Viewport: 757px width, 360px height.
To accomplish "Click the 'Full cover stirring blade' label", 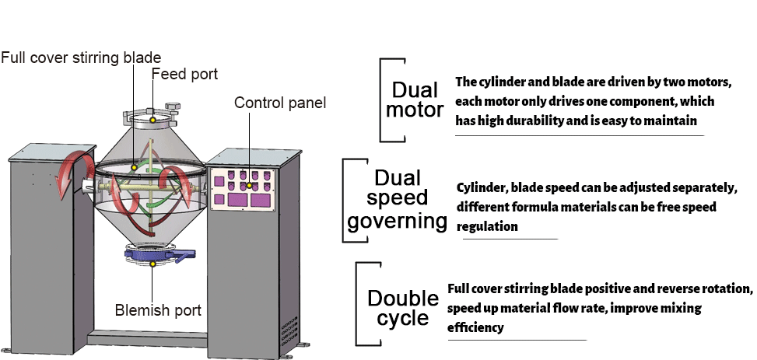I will pos(81,58).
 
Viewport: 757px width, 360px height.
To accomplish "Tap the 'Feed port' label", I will pos(184,75).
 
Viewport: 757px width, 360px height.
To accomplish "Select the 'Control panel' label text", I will pos(280,103).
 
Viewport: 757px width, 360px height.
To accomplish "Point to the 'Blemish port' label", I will pos(158,311).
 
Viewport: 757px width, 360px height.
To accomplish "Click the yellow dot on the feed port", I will pos(154,119).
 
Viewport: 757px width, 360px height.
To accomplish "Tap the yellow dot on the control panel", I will pos(249,186).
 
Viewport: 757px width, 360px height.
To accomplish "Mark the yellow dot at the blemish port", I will pos(153,264).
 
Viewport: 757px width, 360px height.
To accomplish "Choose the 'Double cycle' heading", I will pos(403,308).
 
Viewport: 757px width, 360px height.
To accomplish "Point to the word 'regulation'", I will pos(487,227).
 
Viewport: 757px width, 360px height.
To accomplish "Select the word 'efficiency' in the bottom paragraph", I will pos(475,327).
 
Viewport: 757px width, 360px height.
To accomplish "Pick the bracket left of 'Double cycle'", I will pos(359,303).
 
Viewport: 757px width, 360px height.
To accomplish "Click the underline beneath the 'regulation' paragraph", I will pos(510,239).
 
